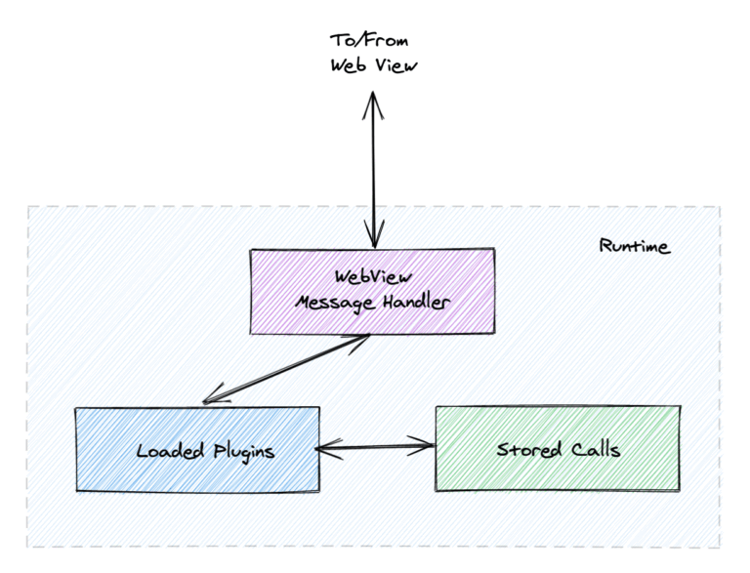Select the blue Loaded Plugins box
click(x=197, y=449)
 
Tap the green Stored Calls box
click(x=558, y=449)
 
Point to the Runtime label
click(x=634, y=246)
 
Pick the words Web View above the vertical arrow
click(x=372, y=65)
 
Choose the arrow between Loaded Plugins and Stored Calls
click(x=376, y=448)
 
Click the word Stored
click(x=527, y=450)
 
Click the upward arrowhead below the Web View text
click(x=372, y=101)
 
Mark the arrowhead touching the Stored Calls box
click(x=426, y=448)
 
